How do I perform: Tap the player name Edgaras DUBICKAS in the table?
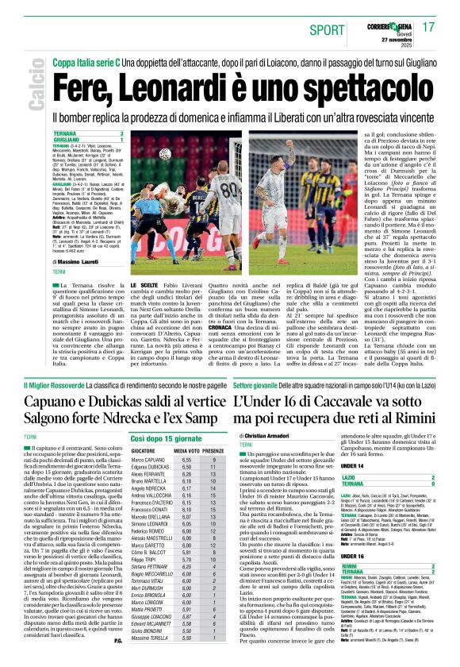[x=151, y=467]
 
